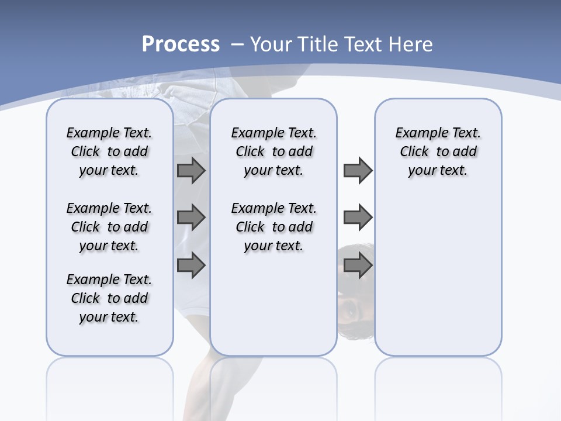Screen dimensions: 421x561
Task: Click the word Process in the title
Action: (x=181, y=44)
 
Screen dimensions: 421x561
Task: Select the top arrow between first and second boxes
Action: (x=191, y=171)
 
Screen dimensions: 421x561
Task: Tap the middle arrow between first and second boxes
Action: (x=191, y=218)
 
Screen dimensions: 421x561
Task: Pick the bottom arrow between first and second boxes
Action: (x=191, y=265)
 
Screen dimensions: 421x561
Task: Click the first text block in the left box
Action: (x=109, y=151)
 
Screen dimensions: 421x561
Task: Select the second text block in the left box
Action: (x=109, y=227)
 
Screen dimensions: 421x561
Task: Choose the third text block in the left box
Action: (x=109, y=298)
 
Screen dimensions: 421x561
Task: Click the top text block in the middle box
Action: (x=273, y=151)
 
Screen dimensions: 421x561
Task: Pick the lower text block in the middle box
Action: (x=273, y=227)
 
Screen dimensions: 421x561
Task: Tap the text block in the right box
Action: (x=438, y=151)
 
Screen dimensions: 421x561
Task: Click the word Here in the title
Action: (x=411, y=44)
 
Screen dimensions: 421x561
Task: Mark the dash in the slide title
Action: (x=237, y=44)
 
